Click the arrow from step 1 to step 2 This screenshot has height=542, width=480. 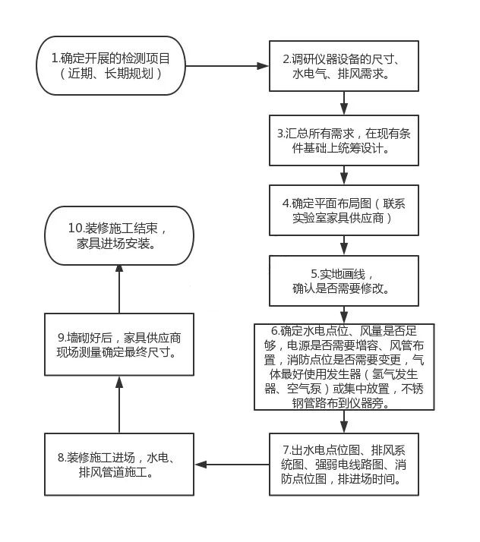click(228, 66)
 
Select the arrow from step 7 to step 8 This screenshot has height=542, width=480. click(232, 464)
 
